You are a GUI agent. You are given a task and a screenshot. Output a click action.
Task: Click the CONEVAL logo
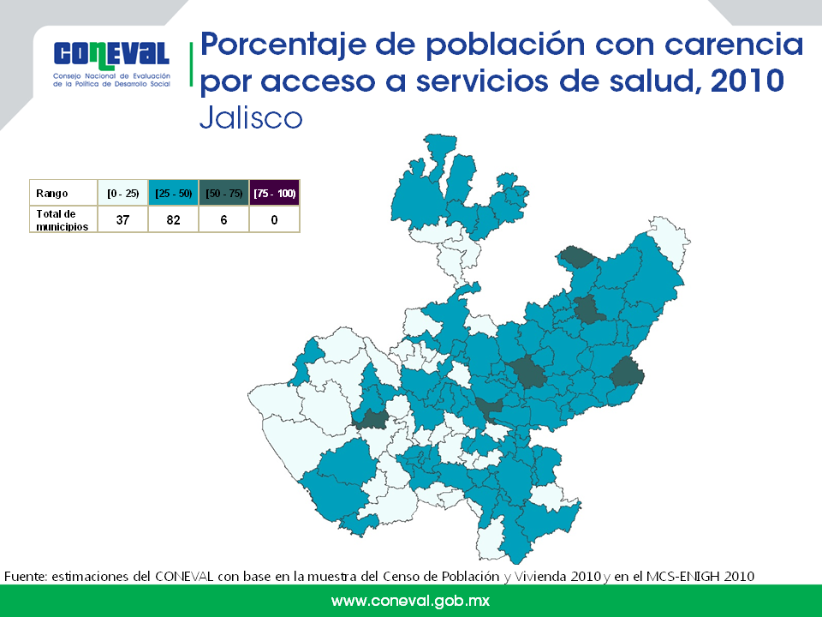click(111, 64)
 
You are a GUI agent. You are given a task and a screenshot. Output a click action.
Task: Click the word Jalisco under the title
click(251, 117)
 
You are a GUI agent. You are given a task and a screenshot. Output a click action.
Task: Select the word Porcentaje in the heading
click(283, 46)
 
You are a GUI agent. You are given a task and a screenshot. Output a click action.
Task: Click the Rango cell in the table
click(63, 193)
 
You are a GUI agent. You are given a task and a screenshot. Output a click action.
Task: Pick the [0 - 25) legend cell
click(122, 193)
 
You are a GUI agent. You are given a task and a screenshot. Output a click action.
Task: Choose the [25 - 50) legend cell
click(174, 193)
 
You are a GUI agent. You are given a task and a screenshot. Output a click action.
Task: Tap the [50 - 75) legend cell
click(223, 193)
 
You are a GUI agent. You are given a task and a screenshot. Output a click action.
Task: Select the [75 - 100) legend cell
click(275, 193)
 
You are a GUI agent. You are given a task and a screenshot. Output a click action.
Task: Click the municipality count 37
click(122, 220)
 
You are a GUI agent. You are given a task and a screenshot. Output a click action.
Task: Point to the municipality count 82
click(174, 220)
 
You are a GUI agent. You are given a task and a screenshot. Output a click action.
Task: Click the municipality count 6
click(223, 220)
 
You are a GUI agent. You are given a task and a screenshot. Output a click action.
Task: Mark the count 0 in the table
click(274, 220)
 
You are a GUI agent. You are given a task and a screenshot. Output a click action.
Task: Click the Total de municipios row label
click(63, 220)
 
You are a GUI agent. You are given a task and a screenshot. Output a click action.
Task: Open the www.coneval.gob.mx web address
click(410, 601)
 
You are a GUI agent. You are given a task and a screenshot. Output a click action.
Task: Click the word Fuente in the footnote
click(26, 576)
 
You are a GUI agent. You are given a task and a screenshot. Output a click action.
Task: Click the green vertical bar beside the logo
click(191, 64)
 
